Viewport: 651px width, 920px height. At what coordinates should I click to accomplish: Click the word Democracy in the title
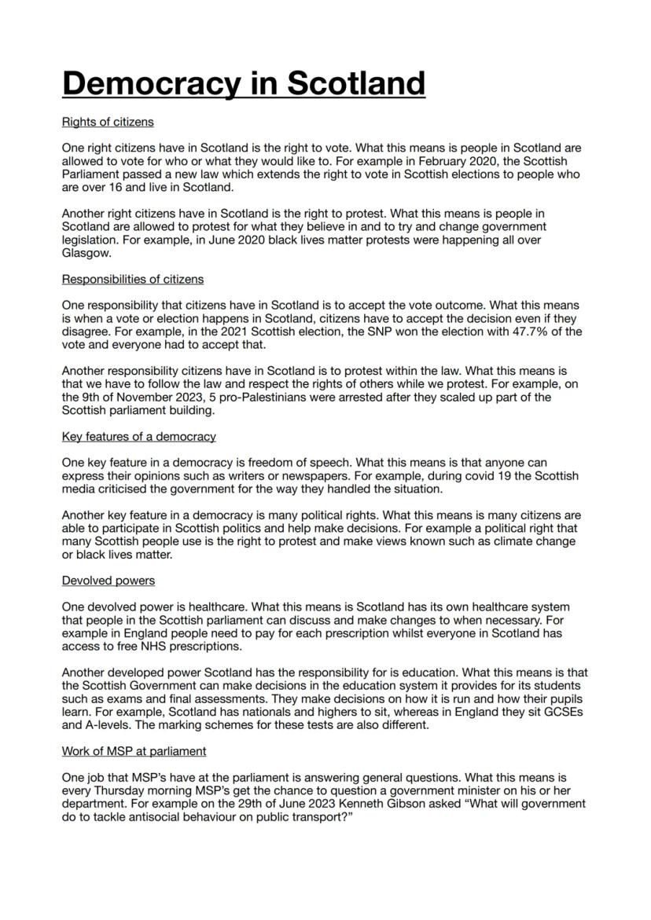click(x=152, y=83)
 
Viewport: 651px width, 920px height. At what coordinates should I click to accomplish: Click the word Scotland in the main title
click(x=356, y=83)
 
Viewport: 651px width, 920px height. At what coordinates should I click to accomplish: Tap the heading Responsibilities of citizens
click(x=133, y=279)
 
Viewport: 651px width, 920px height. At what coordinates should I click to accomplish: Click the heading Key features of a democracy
click(x=138, y=436)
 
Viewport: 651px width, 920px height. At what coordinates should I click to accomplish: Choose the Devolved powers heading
click(x=108, y=581)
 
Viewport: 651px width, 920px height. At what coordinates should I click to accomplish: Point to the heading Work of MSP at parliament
click(x=134, y=751)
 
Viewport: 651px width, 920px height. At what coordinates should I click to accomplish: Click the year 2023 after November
click(x=182, y=398)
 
